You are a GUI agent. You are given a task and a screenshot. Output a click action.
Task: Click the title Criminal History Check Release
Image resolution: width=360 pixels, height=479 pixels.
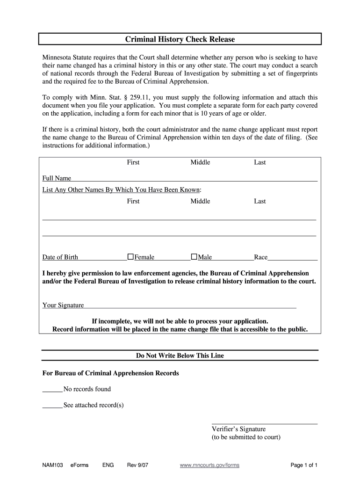click(180, 39)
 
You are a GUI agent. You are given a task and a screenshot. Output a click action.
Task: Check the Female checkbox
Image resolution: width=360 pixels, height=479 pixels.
click(131, 257)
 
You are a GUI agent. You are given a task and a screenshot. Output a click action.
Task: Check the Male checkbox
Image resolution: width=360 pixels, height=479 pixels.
click(194, 257)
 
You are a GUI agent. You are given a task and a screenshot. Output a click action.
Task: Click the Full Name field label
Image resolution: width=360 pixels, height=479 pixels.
click(57, 178)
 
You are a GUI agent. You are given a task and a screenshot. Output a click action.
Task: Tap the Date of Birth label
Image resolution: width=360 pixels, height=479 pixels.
click(60, 257)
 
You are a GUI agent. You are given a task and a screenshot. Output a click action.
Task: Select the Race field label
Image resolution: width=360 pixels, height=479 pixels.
click(260, 257)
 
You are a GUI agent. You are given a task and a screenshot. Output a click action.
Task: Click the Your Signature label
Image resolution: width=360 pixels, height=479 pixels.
click(63, 305)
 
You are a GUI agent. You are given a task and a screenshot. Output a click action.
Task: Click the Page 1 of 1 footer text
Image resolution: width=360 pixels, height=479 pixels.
click(304, 465)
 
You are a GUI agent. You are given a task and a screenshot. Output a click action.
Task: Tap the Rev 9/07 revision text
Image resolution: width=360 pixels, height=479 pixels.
click(137, 465)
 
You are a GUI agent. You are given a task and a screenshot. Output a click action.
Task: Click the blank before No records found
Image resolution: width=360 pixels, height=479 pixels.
click(52, 390)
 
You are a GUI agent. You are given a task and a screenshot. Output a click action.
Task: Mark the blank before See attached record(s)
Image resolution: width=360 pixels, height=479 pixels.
click(52, 406)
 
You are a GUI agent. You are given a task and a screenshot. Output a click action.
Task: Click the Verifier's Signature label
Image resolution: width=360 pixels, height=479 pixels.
click(238, 429)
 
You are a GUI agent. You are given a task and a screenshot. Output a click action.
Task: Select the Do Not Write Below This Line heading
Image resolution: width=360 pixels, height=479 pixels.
click(180, 356)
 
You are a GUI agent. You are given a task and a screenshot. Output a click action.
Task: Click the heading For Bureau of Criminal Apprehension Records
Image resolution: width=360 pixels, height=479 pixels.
click(110, 373)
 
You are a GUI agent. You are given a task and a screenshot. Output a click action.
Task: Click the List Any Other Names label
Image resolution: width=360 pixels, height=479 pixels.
click(122, 190)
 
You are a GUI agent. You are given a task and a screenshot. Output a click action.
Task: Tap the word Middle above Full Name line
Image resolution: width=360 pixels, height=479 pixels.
click(200, 162)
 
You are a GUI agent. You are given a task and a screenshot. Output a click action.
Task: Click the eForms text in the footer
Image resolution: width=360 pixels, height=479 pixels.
click(79, 465)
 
